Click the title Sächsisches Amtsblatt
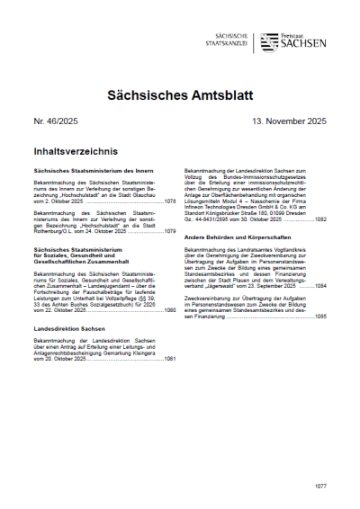click(x=179, y=93)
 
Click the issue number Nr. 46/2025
click(x=57, y=119)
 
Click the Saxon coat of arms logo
click(x=268, y=41)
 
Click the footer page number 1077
click(x=320, y=485)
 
